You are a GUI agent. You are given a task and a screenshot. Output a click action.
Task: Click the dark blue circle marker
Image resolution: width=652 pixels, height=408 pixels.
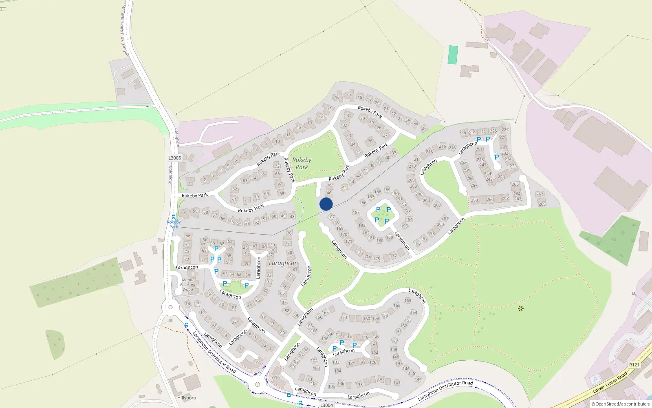326,204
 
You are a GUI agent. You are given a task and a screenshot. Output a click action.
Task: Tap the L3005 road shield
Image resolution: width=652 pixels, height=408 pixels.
174,158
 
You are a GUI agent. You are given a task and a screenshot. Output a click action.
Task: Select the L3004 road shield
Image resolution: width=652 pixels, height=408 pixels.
326,405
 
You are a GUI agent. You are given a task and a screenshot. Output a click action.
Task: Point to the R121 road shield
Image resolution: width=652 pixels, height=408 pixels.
634,365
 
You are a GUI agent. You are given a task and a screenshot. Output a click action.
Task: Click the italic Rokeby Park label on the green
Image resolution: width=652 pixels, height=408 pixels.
302,164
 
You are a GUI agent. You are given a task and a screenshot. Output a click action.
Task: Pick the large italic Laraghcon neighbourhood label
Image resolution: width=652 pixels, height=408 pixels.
283,263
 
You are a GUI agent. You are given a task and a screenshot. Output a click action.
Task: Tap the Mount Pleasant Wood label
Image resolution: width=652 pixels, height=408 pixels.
188,285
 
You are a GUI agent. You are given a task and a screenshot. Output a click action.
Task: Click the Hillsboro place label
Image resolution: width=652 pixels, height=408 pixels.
187,398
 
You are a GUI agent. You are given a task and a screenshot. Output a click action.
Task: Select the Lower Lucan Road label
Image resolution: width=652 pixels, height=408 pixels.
610,383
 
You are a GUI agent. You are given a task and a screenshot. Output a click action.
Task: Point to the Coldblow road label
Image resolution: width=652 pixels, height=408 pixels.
171,175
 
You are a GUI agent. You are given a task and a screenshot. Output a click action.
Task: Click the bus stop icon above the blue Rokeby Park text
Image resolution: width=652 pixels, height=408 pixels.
174,217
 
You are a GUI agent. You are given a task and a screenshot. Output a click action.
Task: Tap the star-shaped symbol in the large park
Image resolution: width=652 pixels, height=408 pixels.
520,308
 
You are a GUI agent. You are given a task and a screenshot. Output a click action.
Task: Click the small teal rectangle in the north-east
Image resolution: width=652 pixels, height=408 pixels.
453,55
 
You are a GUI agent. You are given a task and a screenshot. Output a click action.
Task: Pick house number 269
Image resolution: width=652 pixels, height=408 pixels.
542,204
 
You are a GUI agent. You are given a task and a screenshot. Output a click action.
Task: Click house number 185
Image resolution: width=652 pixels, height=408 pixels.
356,213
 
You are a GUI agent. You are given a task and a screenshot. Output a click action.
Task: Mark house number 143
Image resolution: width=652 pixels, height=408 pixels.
397,383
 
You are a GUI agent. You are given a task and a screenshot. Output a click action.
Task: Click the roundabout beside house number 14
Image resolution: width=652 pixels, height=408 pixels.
170,308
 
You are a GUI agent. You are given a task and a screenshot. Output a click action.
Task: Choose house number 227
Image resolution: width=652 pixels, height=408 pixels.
505,130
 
